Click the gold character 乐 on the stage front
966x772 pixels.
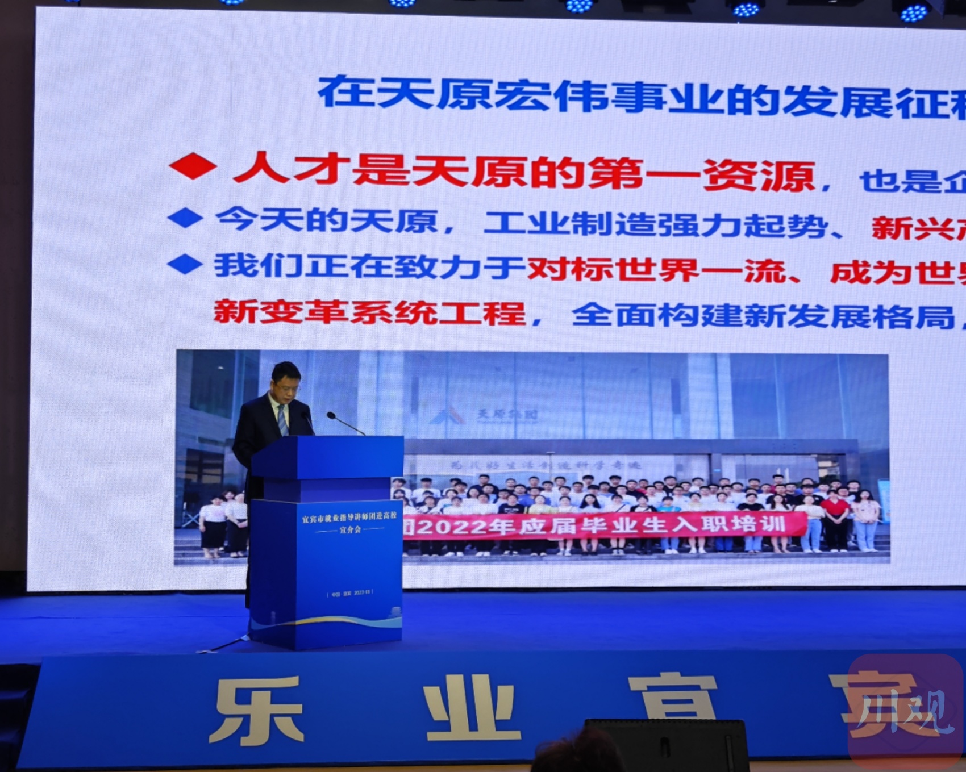click(259, 710)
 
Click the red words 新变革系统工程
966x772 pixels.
click(369, 312)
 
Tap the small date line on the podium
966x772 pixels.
click(350, 593)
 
